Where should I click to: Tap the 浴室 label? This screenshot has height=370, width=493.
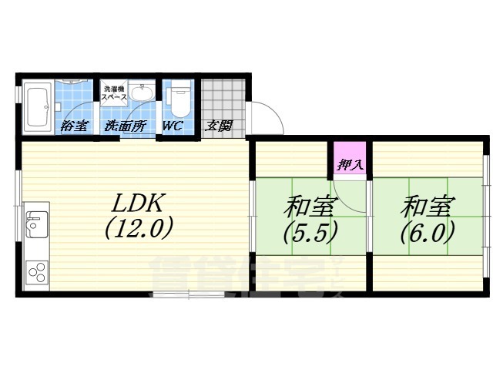click(75, 126)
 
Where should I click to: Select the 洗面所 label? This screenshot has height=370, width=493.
click(124, 126)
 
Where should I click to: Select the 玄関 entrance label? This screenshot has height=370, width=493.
click(218, 126)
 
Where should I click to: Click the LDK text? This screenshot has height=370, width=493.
click(139, 203)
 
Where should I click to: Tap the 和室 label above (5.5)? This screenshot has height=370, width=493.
click(310, 206)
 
